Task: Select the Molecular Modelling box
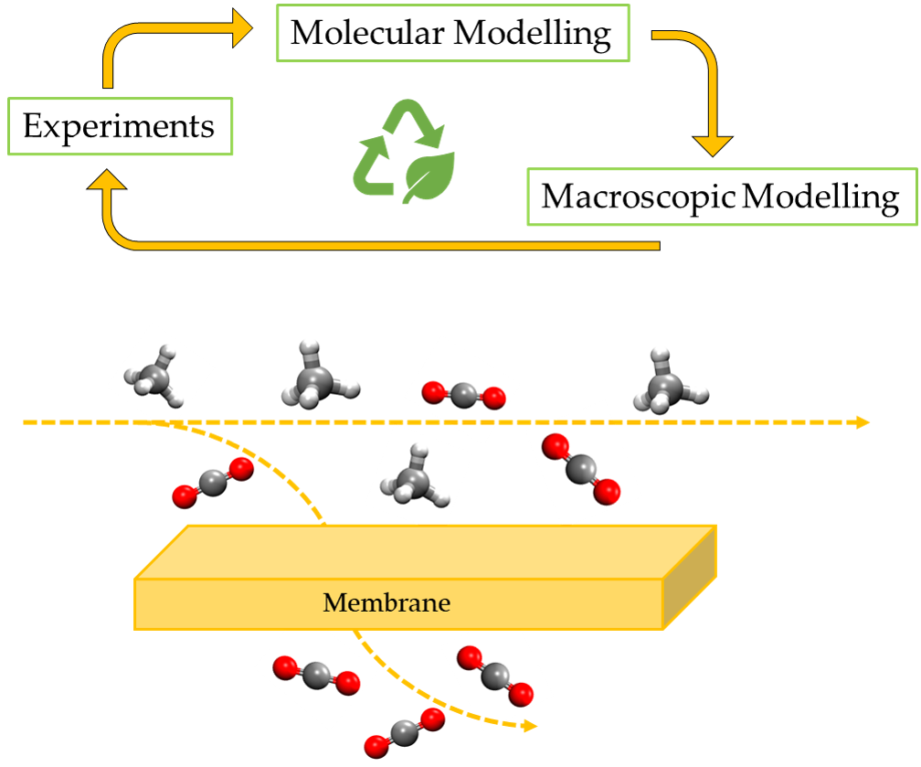coord(452,33)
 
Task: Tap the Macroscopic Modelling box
coord(721,197)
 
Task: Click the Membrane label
coord(387,603)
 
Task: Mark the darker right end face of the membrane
coord(690,578)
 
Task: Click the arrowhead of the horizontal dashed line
coord(861,422)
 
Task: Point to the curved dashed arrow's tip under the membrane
coord(527,727)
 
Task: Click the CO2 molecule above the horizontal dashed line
coord(463,395)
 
